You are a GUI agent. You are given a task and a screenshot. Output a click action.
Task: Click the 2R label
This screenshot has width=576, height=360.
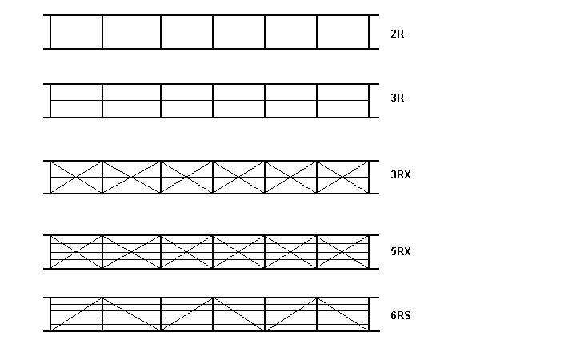tap(397, 34)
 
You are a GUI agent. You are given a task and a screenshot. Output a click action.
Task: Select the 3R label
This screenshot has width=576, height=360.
tap(397, 98)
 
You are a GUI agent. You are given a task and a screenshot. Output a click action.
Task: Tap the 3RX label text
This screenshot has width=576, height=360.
tap(401, 174)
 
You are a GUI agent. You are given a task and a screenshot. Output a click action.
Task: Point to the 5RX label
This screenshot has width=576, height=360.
tap(401, 251)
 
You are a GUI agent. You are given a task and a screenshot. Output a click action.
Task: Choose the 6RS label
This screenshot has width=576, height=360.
tap(401, 315)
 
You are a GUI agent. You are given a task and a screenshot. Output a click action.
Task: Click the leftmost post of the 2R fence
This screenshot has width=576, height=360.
tap(50, 32)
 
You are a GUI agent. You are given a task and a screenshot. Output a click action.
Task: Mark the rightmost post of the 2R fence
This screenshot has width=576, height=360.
tap(369, 32)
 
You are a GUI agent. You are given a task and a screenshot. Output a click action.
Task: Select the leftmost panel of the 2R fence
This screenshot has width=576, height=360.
tap(77, 32)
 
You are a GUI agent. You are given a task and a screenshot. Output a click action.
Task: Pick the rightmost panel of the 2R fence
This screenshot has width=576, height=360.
tap(342, 32)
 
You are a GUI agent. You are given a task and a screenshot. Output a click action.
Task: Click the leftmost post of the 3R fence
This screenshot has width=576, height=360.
tap(50, 101)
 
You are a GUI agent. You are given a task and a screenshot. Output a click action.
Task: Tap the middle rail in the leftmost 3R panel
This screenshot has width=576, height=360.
tap(77, 100)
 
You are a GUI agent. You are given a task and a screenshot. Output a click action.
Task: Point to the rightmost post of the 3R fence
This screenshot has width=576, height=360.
tap(369, 101)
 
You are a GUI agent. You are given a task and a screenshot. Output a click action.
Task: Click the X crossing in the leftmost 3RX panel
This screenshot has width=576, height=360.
tap(77, 177)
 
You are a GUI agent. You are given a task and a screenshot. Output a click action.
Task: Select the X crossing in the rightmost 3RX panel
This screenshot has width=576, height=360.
tap(342, 177)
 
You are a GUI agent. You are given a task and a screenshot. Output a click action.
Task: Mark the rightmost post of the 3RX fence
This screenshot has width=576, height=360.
tap(369, 177)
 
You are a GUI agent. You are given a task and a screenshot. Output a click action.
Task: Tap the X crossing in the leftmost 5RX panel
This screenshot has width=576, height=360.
tap(77, 252)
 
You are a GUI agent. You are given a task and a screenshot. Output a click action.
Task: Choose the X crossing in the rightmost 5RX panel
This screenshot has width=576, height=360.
tap(342, 252)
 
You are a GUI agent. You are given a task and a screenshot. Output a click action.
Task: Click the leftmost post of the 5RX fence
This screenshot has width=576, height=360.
tap(50, 252)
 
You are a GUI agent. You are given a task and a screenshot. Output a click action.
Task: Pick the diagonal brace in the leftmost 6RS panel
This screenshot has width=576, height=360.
tap(77, 314)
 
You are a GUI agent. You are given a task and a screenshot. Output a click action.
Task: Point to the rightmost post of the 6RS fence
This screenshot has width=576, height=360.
tap(369, 314)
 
